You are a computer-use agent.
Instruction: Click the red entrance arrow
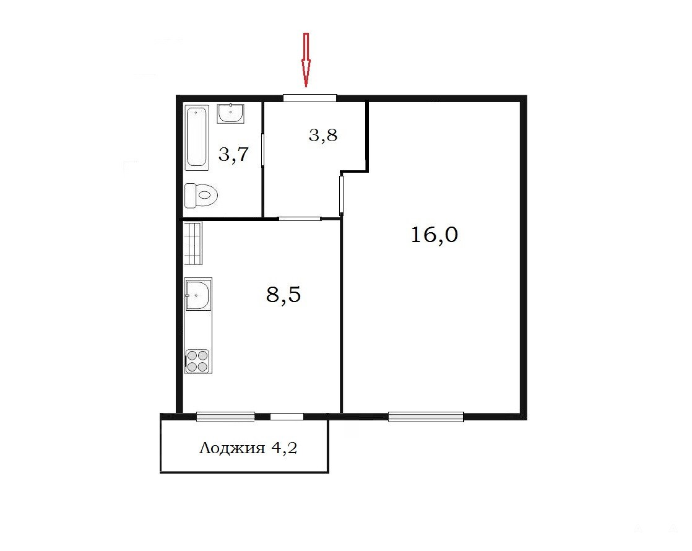tap(305, 59)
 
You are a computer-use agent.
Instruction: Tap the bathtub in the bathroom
tap(196, 137)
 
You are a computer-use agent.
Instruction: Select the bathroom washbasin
tap(230, 113)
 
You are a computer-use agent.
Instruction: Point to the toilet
tap(201, 195)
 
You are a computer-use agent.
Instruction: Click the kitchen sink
tap(198, 294)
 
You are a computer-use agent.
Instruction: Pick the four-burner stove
tap(197, 361)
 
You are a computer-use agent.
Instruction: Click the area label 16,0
tap(435, 235)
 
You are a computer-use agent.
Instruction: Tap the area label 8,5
tap(283, 294)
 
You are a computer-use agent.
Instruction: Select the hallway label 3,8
tap(323, 135)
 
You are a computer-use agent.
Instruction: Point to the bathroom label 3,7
tap(234, 155)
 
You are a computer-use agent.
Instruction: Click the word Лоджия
tap(232, 449)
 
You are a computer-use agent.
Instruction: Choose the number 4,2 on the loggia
tap(284, 448)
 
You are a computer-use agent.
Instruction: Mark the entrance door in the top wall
tap(310, 98)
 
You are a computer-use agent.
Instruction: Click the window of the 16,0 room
tap(426, 416)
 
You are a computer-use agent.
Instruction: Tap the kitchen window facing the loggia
tap(225, 416)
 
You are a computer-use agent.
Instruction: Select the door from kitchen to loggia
tap(287, 416)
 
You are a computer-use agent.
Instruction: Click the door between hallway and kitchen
tap(299, 219)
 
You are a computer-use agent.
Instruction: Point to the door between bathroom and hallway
tap(262, 150)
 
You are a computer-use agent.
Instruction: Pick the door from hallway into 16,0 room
tap(342, 194)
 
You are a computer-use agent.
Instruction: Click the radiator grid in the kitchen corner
tap(193, 243)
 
